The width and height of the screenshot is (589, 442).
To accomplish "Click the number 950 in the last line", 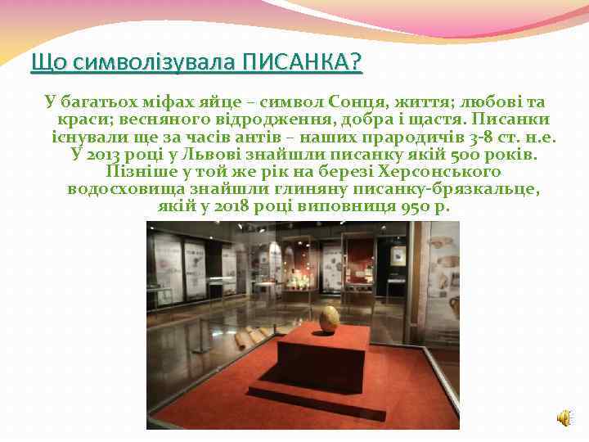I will pyautogui.click(x=417, y=206).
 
